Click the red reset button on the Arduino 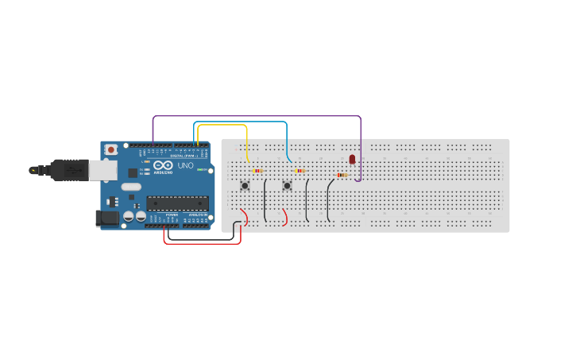[x=111, y=149]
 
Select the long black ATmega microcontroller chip [x=177, y=203]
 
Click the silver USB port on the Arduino [x=102, y=169]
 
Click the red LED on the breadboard [x=352, y=160]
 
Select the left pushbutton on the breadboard [x=245, y=186]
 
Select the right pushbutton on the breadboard [x=287, y=186]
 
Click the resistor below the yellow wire [x=257, y=170]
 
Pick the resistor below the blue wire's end [x=299, y=170]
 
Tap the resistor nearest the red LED [x=342, y=175]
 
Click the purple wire [x=254, y=116]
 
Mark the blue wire [x=238, y=122]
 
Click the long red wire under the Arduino [x=199, y=243]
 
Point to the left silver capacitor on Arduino [x=128, y=215]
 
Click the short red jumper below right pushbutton [x=284, y=218]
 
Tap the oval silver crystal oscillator [x=131, y=188]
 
